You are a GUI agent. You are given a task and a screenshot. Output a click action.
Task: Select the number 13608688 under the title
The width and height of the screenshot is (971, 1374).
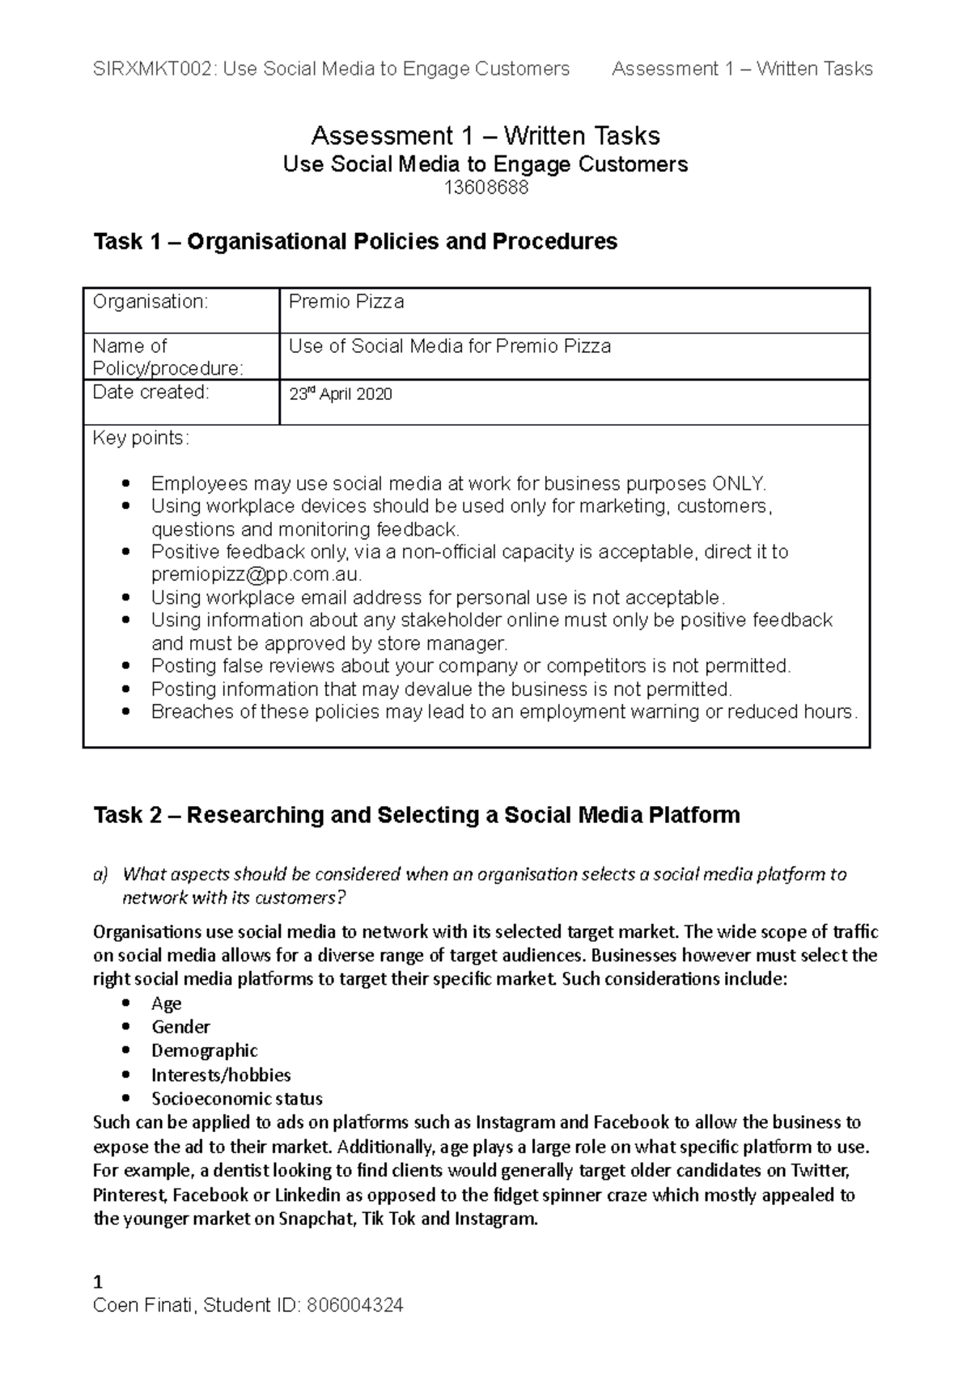(485, 189)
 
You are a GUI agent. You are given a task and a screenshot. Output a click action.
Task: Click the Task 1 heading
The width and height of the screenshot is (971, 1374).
(355, 241)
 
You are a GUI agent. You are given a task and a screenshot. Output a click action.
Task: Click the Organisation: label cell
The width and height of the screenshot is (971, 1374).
(150, 302)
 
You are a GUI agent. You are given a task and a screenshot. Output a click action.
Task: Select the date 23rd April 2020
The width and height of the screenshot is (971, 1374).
(341, 395)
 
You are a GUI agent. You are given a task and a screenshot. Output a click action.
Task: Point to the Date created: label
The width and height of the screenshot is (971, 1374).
(151, 392)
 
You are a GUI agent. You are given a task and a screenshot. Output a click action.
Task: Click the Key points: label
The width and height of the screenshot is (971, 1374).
(141, 439)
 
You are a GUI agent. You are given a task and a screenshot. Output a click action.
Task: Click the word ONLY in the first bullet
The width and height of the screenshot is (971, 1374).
(736, 484)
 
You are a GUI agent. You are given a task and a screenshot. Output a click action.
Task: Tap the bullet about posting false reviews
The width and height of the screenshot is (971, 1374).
(470, 666)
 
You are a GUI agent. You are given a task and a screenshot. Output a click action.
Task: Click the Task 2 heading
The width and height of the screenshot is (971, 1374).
(417, 815)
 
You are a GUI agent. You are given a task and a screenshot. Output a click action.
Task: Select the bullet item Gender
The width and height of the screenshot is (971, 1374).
(180, 1027)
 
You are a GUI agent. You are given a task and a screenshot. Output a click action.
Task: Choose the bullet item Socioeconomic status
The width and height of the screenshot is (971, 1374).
(236, 1099)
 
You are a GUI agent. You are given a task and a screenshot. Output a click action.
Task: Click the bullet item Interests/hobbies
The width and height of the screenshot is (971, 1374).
(221, 1075)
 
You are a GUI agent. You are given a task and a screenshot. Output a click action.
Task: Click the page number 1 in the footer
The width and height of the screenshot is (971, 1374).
(98, 1282)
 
